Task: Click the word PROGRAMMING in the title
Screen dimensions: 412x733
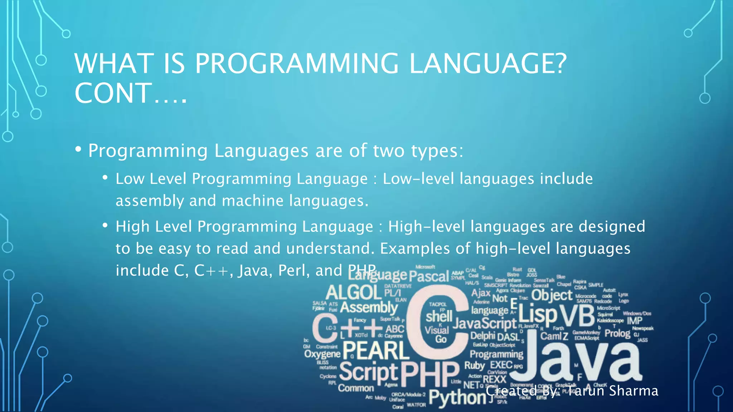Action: pos(296,64)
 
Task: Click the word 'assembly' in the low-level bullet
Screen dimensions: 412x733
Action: pos(150,201)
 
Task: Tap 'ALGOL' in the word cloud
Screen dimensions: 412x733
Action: pos(353,293)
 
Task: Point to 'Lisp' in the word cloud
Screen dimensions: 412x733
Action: pos(538,314)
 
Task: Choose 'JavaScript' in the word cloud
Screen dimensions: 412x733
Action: pos(485,323)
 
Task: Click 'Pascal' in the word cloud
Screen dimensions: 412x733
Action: pos(429,276)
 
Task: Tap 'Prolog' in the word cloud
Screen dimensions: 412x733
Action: pos(617,333)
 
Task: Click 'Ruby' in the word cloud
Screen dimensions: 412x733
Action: pos(475,366)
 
